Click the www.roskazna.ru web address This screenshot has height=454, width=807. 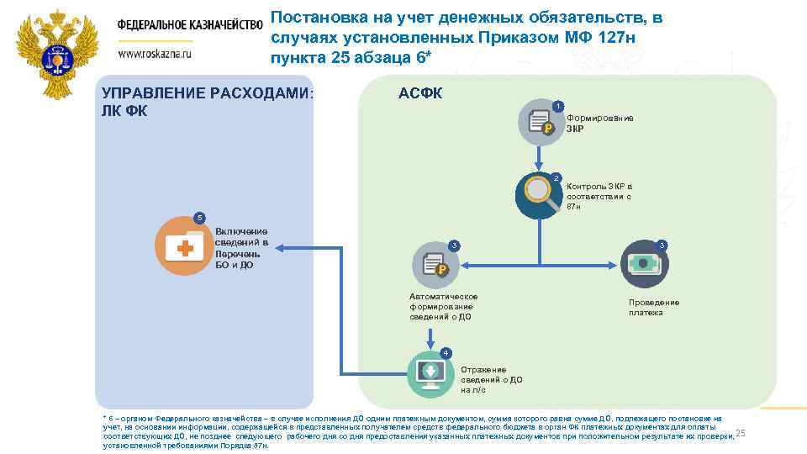click(x=156, y=52)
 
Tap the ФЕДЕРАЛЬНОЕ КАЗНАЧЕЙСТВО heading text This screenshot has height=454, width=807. click(x=190, y=24)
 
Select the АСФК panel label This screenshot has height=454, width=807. click(x=420, y=92)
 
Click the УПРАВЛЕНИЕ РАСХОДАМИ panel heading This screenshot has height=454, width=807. click(x=207, y=101)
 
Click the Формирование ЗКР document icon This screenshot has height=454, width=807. click(x=539, y=122)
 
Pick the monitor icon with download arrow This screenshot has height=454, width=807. click(x=430, y=372)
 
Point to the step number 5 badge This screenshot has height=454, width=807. click(x=199, y=219)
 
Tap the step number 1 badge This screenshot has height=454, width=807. click(x=558, y=105)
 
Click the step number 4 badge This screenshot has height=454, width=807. click(x=446, y=351)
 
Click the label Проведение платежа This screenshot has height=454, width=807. click(x=654, y=308)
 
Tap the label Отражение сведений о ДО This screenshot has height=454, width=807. click(x=492, y=380)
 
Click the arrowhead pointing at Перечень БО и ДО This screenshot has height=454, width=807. click(x=280, y=247)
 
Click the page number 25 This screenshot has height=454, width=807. click(x=741, y=434)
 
